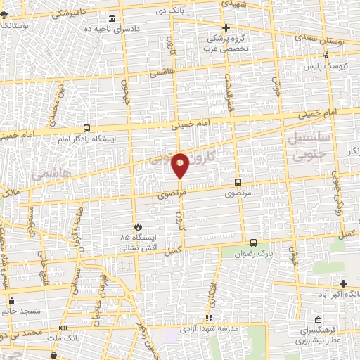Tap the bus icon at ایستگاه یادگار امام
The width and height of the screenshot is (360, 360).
pos(86,128)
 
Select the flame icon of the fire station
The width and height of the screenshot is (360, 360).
pos(138,226)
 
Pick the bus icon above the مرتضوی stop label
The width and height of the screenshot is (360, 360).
pos(236,181)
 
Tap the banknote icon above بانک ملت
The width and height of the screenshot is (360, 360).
pos(64,328)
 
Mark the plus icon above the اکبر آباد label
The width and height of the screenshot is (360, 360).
pos(343,283)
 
